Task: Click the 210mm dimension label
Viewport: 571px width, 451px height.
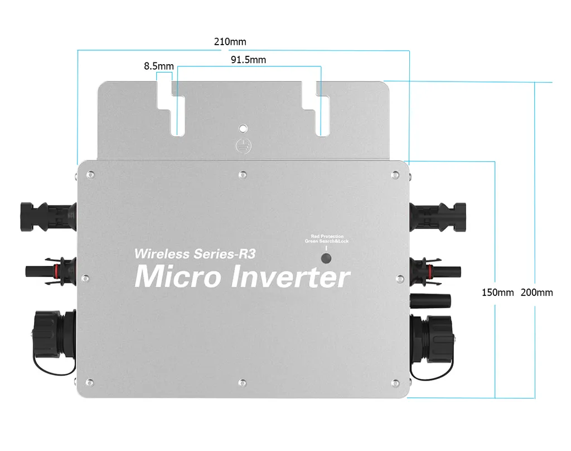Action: [230, 42]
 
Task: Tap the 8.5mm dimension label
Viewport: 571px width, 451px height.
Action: [158, 66]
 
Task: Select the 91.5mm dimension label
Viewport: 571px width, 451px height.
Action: [248, 60]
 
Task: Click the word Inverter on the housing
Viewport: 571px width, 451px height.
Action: [291, 277]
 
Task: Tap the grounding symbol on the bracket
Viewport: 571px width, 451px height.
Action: [241, 144]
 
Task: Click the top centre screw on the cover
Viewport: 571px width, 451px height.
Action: [241, 175]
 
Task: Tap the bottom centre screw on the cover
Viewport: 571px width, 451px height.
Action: [242, 382]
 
